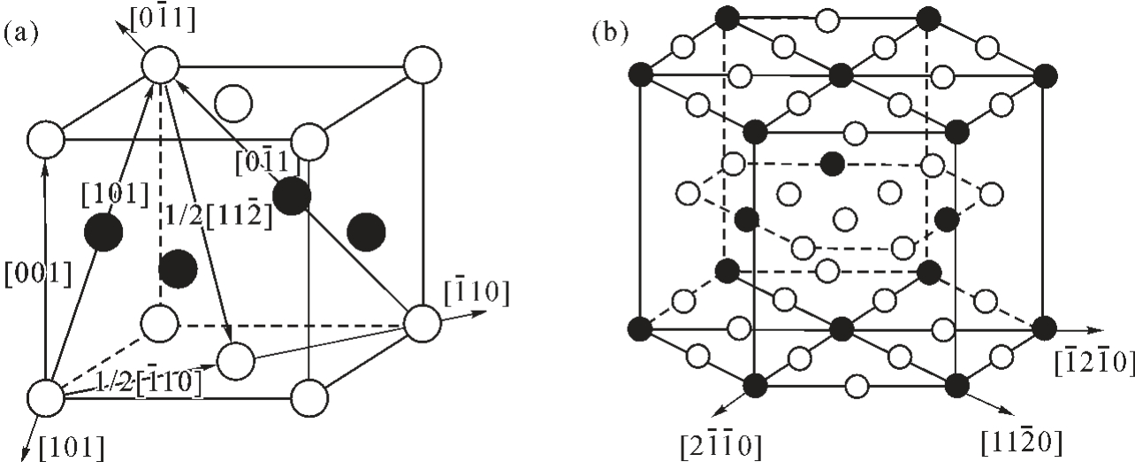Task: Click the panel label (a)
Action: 21,34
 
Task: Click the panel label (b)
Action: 610,33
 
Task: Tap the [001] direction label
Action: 38,274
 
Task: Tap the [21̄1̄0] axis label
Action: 721,445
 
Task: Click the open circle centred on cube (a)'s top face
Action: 233,104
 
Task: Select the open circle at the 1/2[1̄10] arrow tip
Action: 236,361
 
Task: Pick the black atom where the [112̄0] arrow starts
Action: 957,385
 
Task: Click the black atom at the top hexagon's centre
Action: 842,76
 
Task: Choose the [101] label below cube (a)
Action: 72,447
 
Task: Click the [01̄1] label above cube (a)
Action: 163,19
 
